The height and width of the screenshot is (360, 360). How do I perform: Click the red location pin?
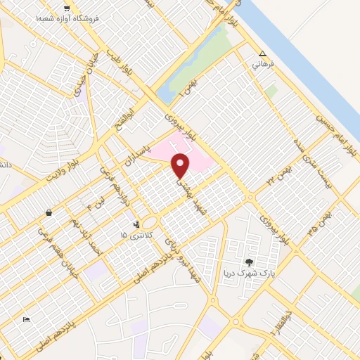[x=181, y=165]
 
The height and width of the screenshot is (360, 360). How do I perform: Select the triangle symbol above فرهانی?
[x=262, y=53]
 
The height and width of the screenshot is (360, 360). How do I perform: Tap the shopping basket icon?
[x=48, y=212]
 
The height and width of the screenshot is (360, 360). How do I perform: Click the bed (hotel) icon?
[x=27, y=320]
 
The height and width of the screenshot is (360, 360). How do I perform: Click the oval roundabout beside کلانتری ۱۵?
[x=150, y=222]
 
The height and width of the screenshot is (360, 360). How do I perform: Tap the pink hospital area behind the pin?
[x=200, y=158]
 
